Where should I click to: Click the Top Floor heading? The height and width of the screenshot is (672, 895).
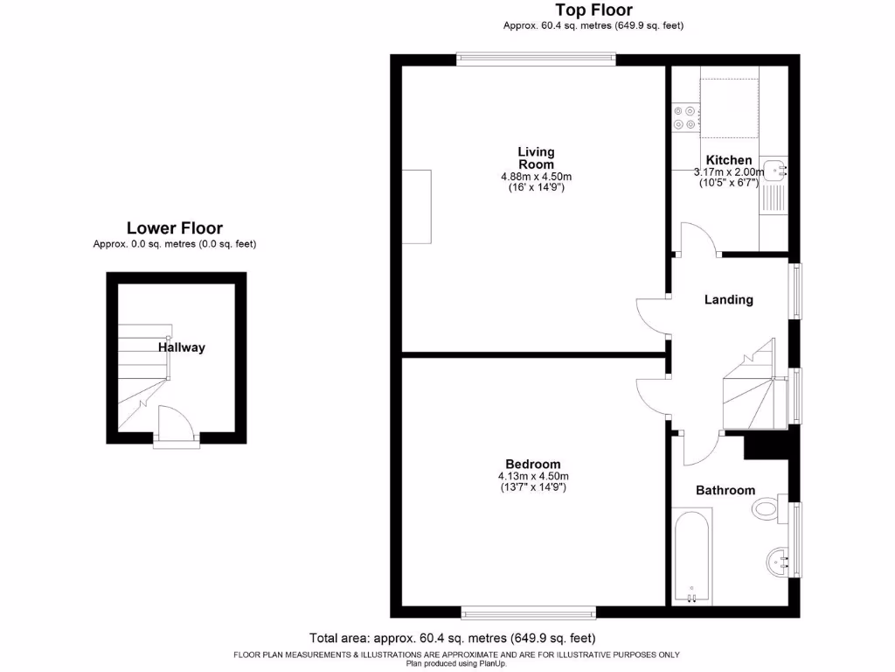(x=593, y=10)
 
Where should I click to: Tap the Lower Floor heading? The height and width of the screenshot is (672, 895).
(x=175, y=228)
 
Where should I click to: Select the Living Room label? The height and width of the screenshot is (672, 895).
(x=536, y=158)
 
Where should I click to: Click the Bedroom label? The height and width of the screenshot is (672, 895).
(x=533, y=464)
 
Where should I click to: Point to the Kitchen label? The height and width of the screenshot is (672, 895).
(x=729, y=160)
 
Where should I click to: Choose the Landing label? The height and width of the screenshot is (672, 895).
(x=729, y=299)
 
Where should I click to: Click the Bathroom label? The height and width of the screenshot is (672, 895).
(x=725, y=490)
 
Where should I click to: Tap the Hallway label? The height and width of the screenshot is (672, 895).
(x=182, y=347)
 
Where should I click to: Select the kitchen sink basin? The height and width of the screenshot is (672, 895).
(x=774, y=171)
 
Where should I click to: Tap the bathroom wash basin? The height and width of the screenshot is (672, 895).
(x=775, y=561)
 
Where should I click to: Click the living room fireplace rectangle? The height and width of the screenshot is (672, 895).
(x=416, y=206)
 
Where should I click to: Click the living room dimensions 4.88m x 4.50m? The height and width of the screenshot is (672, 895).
(x=536, y=176)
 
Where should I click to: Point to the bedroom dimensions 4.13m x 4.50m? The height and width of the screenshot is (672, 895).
(x=533, y=476)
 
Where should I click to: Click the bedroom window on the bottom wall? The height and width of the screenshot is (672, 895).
(x=529, y=612)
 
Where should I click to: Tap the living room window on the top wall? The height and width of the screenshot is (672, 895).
(x=536, y=59)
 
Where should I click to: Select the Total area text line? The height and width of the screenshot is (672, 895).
(x=452, y=638)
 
